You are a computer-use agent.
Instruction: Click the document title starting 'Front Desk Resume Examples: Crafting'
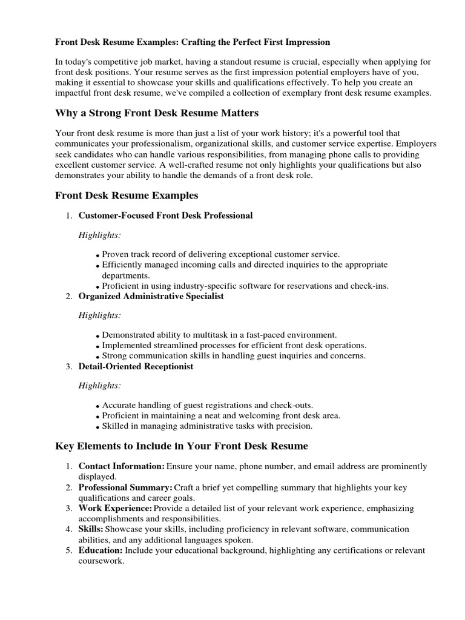(193, 42)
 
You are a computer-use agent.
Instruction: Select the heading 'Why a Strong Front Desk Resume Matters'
(157, 113)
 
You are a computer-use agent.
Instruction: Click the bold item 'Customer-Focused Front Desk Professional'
(165, 216)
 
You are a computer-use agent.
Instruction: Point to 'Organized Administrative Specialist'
(151, 296)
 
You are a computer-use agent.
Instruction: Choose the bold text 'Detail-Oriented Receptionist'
(136, 366)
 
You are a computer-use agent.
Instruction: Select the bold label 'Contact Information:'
(121, 466)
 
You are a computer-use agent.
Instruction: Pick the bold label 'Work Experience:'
(115, 509)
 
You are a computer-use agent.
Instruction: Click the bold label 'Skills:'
(91, 529)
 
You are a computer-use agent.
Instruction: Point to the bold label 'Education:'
(101, 550)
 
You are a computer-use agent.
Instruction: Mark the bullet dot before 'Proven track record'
(98, 256)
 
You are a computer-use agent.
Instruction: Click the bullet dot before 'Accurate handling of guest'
(98, 406)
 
